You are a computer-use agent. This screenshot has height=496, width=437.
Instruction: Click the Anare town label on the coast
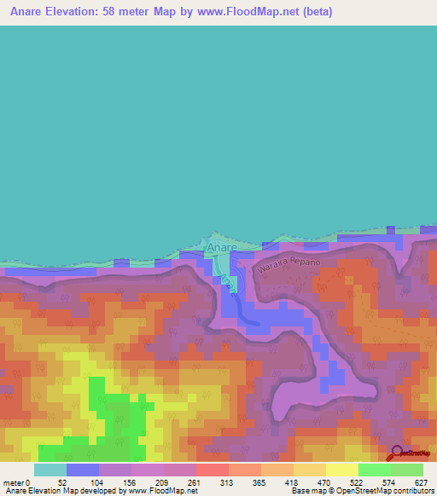[218, 249]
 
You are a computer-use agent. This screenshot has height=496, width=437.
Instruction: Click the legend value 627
[422, 482]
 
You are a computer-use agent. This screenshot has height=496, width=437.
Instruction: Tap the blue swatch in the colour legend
[82, 470]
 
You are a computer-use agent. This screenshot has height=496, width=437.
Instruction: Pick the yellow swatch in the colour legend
[341, 470]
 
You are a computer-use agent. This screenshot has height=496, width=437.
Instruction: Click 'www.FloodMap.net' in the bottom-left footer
[161, 491]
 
